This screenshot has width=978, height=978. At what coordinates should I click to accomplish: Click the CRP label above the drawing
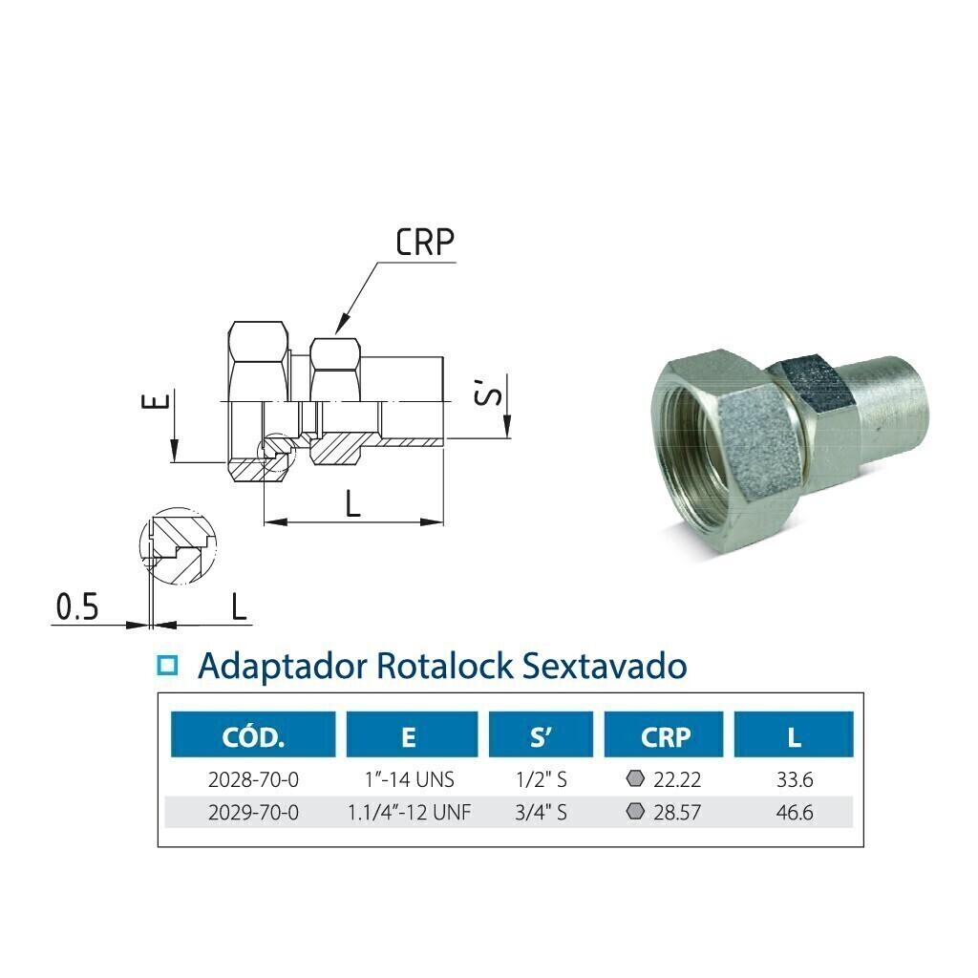click(425, 242)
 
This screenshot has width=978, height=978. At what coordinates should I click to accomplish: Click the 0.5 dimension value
click(77, 606)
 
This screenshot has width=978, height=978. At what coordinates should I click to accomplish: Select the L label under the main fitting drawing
click(353, 503)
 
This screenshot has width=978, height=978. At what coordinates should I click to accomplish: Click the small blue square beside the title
click(167, 666)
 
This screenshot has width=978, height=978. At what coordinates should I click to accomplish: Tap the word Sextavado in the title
click(604, 666)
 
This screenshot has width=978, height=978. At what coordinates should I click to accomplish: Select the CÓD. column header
click(253, 737)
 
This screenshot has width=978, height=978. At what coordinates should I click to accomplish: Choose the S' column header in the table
click(541, 737)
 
